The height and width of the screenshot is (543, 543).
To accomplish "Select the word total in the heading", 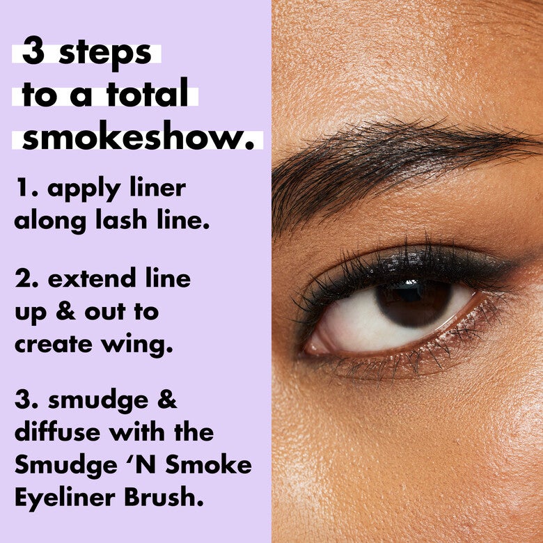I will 152,95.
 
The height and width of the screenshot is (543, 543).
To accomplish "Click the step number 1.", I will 23,189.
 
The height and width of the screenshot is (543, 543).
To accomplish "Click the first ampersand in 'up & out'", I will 69,313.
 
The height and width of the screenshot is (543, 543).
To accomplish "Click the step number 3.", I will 25,402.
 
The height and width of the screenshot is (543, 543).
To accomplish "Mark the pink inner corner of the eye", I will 315,346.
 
